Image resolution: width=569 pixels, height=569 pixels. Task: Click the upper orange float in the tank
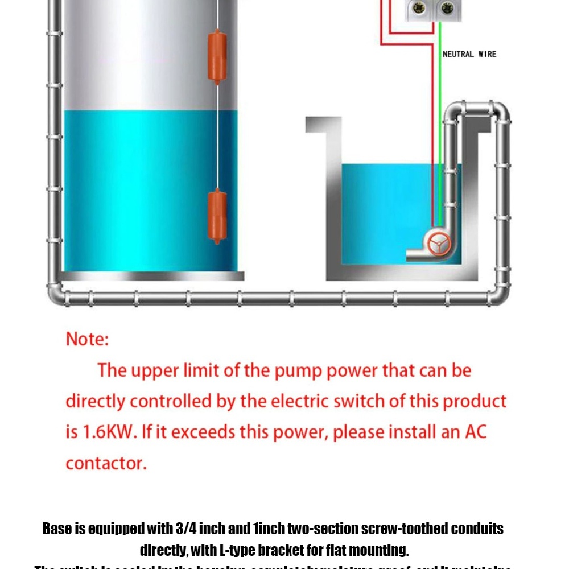[x=217, y=56]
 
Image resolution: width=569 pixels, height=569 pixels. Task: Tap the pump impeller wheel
[x=439, y=245]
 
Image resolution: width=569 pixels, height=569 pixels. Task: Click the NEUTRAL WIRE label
[x=469, y=54]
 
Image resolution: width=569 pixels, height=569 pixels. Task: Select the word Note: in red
[x=87, y=339]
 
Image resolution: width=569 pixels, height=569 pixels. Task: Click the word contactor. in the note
[x=106, y=463]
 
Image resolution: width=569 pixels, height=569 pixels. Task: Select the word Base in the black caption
[x=57, y=529]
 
